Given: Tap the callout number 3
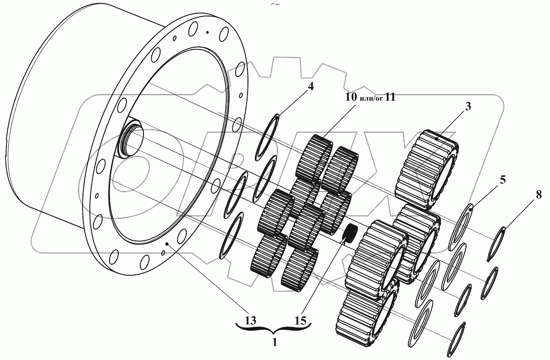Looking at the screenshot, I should [x=468, y=107].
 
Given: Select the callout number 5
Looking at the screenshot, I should [x=503, y=180].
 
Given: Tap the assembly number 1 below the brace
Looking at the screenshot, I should [x=275, y=342].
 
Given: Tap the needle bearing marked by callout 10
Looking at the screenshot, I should [x=316, y=158].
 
